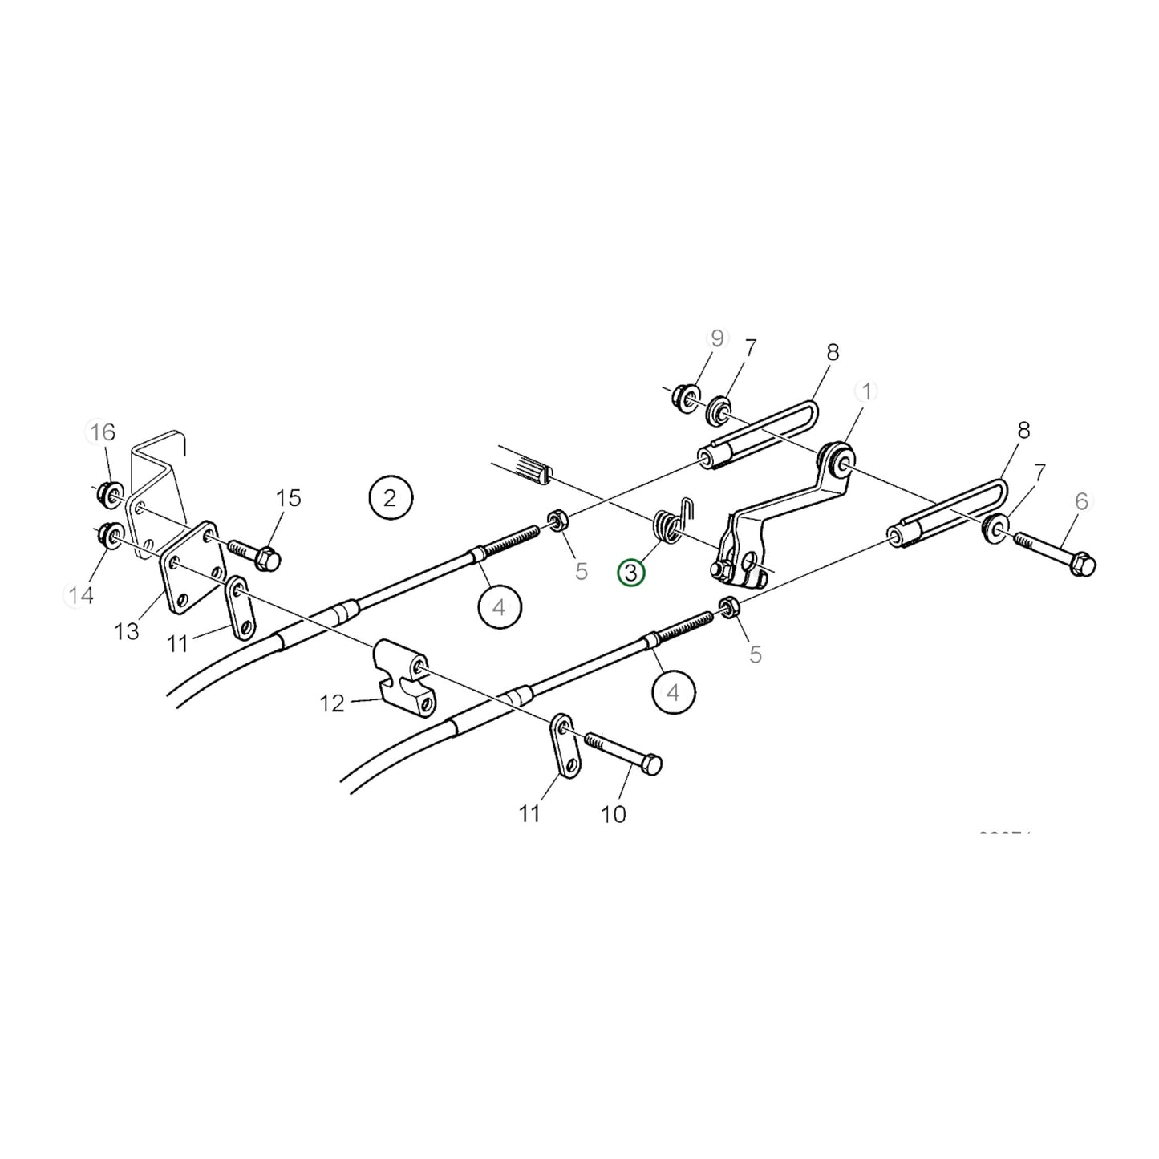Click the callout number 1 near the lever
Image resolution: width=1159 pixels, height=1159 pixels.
[x=865, y=391]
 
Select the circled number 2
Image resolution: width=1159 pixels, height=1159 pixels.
[x=390, y=498]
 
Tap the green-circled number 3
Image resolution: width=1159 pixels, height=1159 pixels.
[x=630, y=573]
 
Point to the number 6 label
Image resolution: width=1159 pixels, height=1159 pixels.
[x=1081, y=502]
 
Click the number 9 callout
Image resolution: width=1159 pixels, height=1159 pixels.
[x=716, y=338]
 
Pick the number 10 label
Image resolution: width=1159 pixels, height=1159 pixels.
[x=613, y=814]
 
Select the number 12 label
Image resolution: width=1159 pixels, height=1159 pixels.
[x=331, y=703]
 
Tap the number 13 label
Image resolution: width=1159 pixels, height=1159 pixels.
[x=127, y=631]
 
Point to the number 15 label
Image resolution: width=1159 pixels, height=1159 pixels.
[x=288, y=498]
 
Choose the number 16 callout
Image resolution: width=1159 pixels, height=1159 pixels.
[x=103, y=432]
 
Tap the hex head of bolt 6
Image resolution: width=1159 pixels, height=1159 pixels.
[x=1084, y=564]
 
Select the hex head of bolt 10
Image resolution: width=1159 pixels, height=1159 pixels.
[x=652, y=764]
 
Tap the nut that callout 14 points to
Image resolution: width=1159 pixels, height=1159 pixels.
[x=108, y=533]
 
